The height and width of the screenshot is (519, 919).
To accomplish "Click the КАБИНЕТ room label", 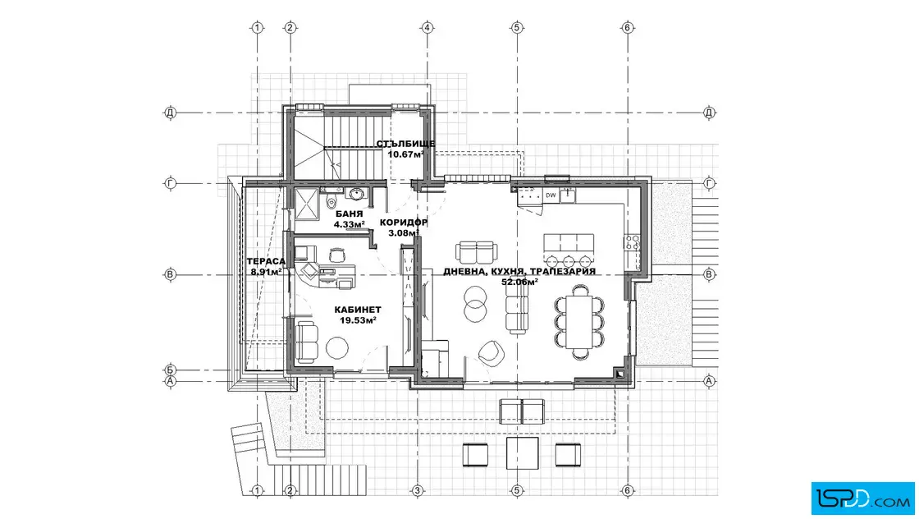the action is [358, 310].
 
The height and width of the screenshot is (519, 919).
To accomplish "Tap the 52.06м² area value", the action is [519, 282].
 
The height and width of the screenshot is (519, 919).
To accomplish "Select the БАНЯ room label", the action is [350, 214].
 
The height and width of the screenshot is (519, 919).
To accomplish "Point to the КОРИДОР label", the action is [403, 223].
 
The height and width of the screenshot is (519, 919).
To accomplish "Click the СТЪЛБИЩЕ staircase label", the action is [405, 144].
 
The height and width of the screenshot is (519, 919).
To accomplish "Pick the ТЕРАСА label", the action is [266, 261].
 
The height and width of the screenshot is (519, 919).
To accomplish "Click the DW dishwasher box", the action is [551, 195].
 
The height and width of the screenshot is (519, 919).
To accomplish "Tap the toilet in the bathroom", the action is [331, 200].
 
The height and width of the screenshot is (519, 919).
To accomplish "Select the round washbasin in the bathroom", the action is [355, 194].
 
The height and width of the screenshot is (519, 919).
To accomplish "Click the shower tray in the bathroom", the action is [307, 204].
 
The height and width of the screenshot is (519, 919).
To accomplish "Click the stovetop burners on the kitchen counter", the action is [632, 243].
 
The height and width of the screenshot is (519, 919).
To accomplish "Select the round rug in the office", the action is [337, 348].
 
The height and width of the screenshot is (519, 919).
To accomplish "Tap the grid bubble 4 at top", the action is [427, 28].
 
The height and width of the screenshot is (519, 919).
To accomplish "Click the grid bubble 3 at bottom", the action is [418, 490].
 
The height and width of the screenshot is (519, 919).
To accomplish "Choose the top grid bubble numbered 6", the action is [628, 28].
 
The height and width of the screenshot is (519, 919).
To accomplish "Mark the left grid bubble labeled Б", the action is [170, 370].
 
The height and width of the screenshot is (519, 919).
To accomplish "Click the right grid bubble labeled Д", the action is [709, 113].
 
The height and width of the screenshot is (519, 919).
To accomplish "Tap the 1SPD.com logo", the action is [862, 498].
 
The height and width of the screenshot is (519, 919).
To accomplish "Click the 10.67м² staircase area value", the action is [405, 154].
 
